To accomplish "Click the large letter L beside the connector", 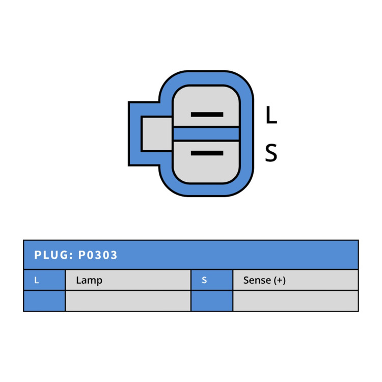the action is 271,115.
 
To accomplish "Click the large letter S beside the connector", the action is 271,153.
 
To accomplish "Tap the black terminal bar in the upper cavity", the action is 207,115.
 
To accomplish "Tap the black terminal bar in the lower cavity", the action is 207,153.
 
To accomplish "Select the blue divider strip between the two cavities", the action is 206,134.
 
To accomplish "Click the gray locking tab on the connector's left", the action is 157,134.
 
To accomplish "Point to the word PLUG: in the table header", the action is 53,255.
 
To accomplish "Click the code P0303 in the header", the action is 97,255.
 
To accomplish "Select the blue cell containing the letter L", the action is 44,280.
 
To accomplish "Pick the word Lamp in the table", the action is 89,281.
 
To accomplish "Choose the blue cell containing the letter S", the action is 212,280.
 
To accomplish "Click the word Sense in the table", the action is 257,280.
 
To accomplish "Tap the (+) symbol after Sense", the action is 280,281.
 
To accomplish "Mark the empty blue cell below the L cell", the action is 44,301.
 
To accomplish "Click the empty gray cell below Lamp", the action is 128,301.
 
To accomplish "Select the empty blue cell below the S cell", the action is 212,301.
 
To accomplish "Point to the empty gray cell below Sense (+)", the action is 295,301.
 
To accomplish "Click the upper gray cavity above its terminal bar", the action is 206,99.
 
